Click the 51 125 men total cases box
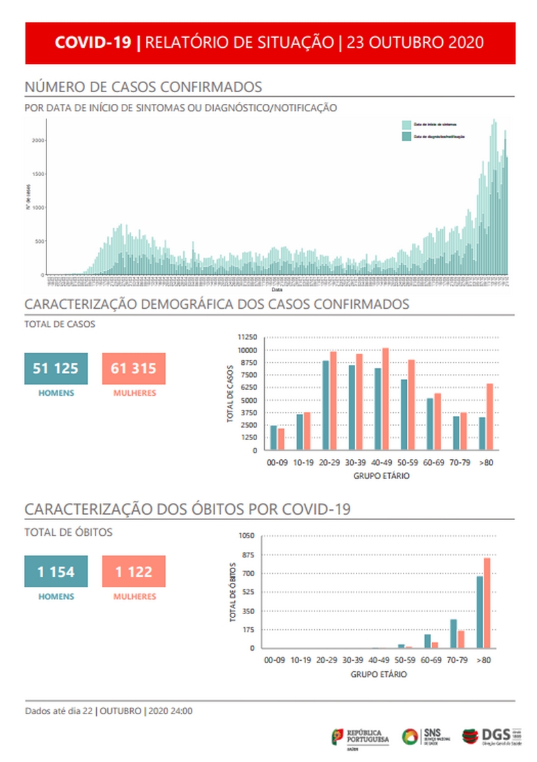(x=56, y=369)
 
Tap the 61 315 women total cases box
(x=134, y=369)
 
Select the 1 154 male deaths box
(x=56, y=572)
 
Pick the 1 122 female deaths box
(x=134, y=572)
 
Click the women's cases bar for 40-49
(x=385, y=399)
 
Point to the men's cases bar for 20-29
(x=326, y=406)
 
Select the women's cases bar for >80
(x=489, y=417)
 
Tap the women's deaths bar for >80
(x=487, y=602)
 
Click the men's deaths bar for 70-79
(x=453, y=633)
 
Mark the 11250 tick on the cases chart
(x=247, y=338)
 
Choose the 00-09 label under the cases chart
(x=277, y=462)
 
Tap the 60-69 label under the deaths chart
(x=431, y=661)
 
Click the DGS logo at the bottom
(x=491, y=737)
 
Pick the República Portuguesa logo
(x=360, y=738)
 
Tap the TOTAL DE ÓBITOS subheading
(x=68, y=532)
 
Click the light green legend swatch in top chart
(x=406, y=124)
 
